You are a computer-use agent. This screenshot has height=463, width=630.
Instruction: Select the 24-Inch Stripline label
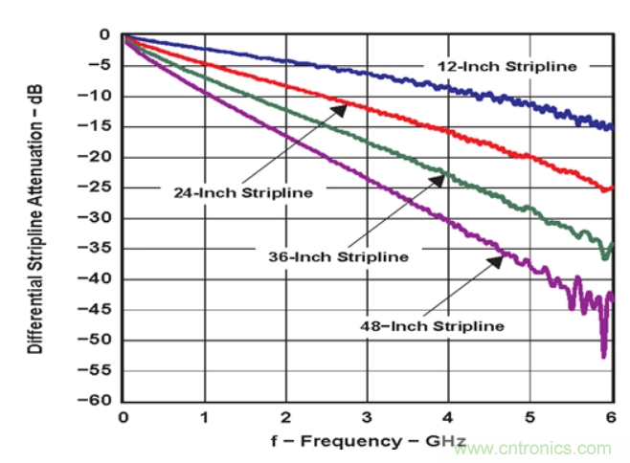click(243, 192)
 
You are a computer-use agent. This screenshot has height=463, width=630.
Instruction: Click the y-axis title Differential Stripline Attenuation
click(35, 218)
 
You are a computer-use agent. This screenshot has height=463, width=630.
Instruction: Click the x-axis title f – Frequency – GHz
click(367, 440)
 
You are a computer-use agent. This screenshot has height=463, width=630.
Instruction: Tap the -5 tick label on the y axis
click(103, 65)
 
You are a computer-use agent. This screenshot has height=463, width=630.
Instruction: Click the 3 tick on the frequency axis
click(367, 418)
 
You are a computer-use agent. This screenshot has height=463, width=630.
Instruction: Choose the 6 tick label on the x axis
click(610, 418)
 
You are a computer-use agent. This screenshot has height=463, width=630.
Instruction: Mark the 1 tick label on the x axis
click(204, 418)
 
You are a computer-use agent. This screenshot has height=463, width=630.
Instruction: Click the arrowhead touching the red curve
click(343, 107)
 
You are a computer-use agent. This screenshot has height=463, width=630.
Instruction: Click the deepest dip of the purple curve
click(603, 356)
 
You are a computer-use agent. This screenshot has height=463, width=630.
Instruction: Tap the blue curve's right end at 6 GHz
click(610, 126)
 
